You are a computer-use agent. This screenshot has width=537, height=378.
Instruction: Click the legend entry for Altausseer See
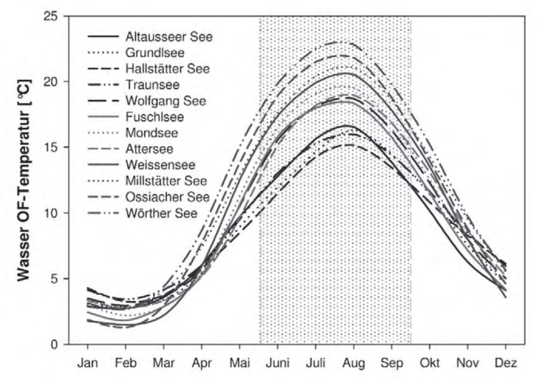[168, 36]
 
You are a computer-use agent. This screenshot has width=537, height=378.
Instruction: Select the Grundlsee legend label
[154, 52]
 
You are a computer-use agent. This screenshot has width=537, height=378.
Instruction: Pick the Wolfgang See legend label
[164, 101]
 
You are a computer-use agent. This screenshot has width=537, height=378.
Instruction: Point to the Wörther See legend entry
[161, 213]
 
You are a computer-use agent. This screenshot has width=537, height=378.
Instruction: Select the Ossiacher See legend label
[166, 197]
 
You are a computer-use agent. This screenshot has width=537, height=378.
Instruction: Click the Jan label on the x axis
[87, 363]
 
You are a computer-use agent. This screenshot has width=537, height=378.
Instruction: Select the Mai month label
[239, 363]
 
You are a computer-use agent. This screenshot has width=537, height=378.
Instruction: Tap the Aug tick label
[353, 363]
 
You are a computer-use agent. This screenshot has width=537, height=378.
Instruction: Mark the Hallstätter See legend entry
[166, 68]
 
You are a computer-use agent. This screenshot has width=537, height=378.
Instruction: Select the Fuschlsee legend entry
[152, 117]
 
